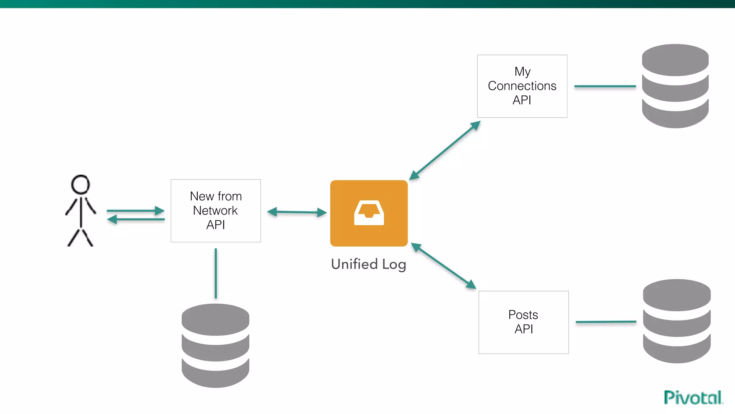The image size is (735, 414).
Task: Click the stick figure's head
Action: pyautogui.click(x=80, y=184)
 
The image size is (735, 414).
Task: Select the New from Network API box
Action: pyautogui.click(x=216, y=211)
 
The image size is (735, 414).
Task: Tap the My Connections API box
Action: pyautogui.click(x=522, y=86)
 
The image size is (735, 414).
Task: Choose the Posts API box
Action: pyautogui.click(x=523, y=322)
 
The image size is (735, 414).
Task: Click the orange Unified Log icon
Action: pyautogui.click(x=369, y=213)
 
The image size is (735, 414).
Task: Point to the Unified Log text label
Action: pyautogui.click(x=369, y=264)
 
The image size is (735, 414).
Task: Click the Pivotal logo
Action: pyautogui.click(x=693, y=397)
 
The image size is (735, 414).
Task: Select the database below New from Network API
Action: pyautogui.click(x=215, y=345)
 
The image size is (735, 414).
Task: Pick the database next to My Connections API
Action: pyautogui.click(x=675, y=86)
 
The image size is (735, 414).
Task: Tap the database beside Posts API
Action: pyautogui.click(x=677, y=321)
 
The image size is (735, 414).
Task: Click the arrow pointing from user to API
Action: pyautogui.click(x=136, y=211)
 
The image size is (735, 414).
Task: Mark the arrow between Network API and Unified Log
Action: pyautogui.click(x=297, y=212)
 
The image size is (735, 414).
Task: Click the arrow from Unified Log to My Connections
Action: pyautogui.click(x=445, y=150)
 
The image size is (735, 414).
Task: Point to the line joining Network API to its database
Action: pyautogui.click(x=216, y=273)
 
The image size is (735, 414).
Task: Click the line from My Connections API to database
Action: pyautogui.click(x=605, y=86)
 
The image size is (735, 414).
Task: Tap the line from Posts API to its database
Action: pyautogui.click(x=606, y=322)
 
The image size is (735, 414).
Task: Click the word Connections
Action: pyautogui.click(x=522, y=86)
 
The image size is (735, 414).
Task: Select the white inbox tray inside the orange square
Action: pyautogui.click(x=369, y=213)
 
